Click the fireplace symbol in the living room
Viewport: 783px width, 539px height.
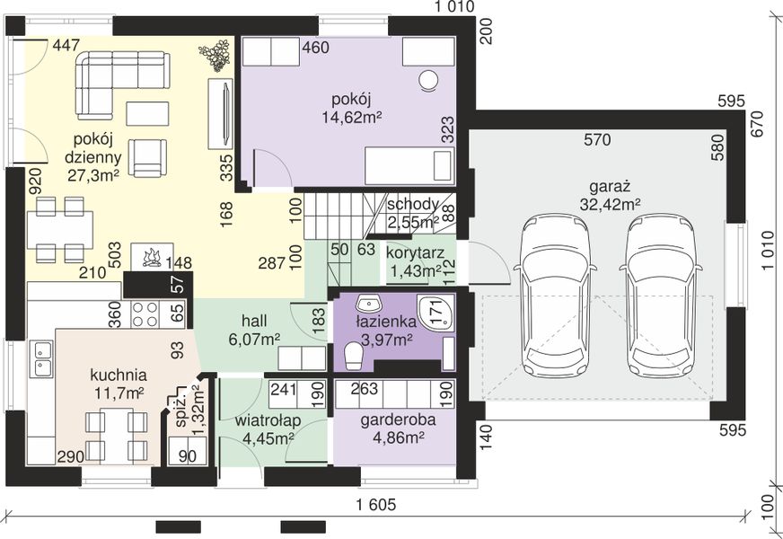click(x=152, y=257)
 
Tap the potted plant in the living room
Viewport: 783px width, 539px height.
click(x=215, y=54)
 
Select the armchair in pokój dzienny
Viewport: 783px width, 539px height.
click(x=147, y=158)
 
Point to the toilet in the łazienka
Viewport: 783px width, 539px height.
click(x=354, y=356)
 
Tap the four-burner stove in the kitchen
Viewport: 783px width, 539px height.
click(x=145, y=314)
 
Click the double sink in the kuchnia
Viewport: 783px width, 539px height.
click(x=41, y=358)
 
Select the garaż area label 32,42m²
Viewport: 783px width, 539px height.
click(x=611, y=204)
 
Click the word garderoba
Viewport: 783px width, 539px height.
click(x=398, y=420)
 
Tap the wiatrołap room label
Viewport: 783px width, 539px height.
click(x=268, y=421)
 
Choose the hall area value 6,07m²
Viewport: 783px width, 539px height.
click(x=254, y=340)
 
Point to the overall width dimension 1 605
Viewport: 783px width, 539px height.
click(x=376, y=505)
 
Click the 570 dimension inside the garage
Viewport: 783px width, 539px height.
click(x=597, y=139)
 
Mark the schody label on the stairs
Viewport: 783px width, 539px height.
click(x=413, y=204)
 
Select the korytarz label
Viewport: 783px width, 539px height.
click(x=415, y=252)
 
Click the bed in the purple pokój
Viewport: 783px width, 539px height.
click(x=409, y=165)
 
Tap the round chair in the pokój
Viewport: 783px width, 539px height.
click(x=428, y=81)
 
